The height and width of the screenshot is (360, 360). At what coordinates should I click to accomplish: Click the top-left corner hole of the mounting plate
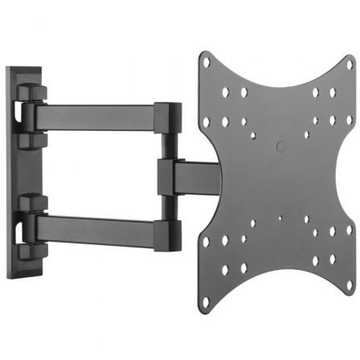tap(207, 63)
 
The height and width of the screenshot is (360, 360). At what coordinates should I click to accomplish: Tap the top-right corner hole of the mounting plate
tap(349, 62)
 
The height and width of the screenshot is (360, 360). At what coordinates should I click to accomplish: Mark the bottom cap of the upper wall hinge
tap(29, 140)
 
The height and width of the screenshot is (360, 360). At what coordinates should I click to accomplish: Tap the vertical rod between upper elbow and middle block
tap(166, 145)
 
